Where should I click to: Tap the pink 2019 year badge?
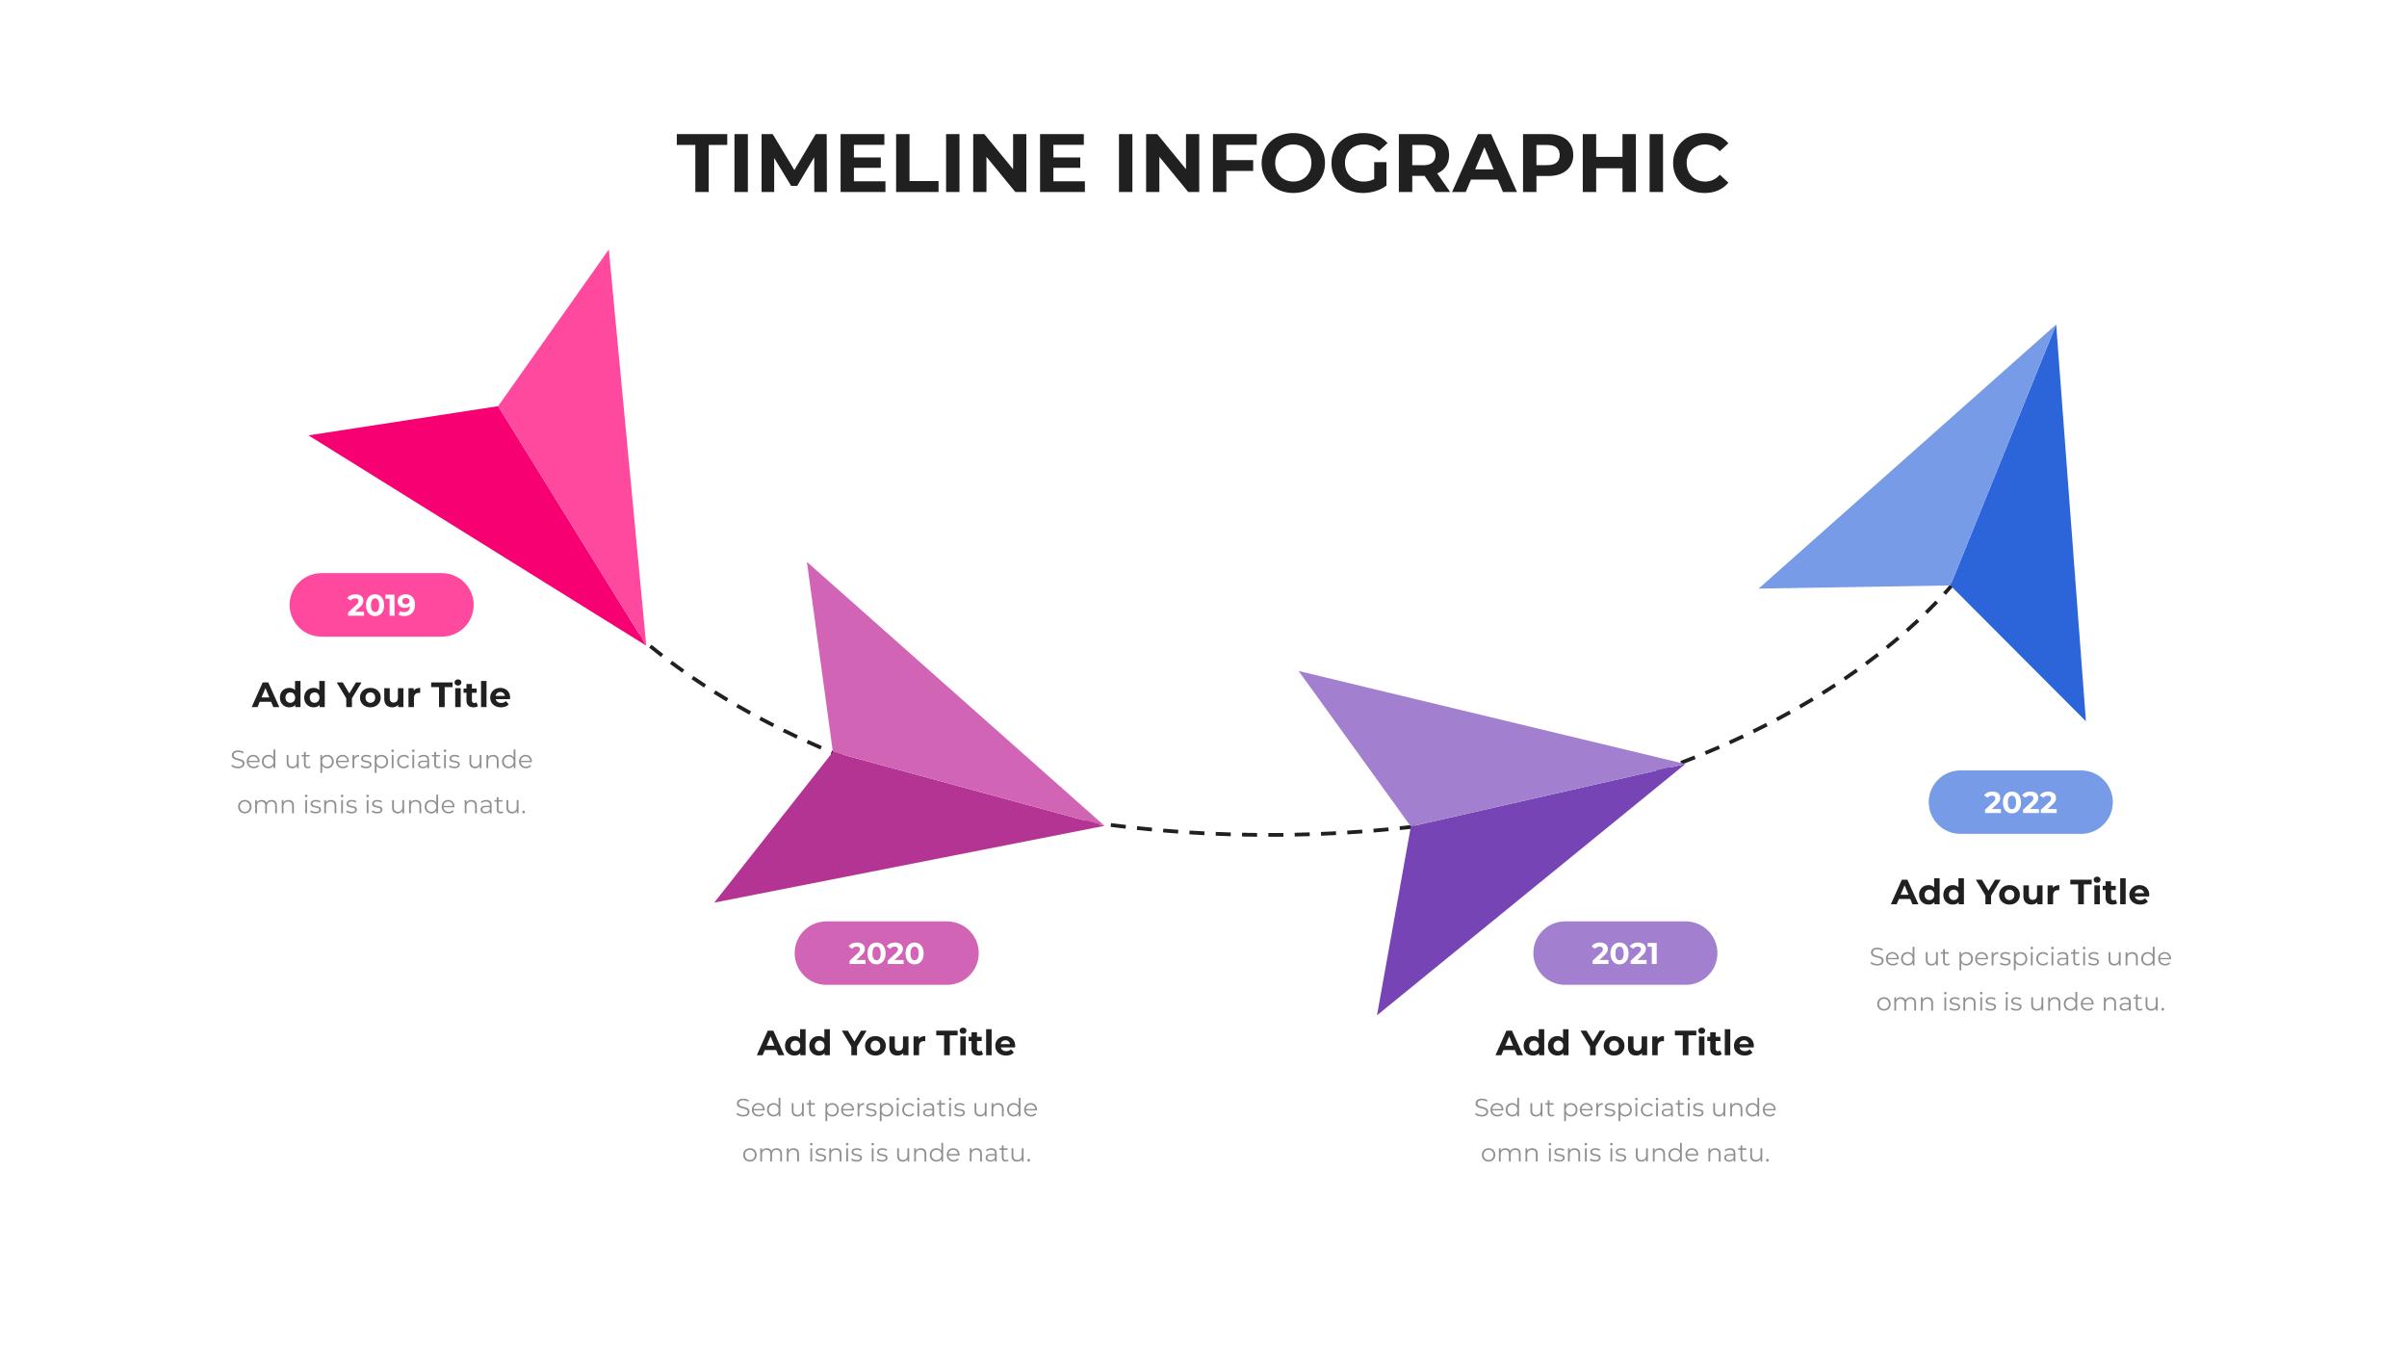(381, 605)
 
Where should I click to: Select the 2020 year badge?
(886, 953)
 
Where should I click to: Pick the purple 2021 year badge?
(1624, 953)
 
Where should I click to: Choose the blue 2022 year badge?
(2020, 802)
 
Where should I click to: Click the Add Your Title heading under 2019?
(381, 695)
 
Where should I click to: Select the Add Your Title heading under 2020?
(886, 1043)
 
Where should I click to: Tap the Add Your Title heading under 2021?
(1624, 1043)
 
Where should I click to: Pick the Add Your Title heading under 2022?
(2020, 893)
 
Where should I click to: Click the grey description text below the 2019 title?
(381, 782)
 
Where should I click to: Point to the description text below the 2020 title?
(886, 1130)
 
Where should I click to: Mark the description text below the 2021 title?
(1624, 1130)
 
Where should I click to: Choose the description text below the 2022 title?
(2020, 979)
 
